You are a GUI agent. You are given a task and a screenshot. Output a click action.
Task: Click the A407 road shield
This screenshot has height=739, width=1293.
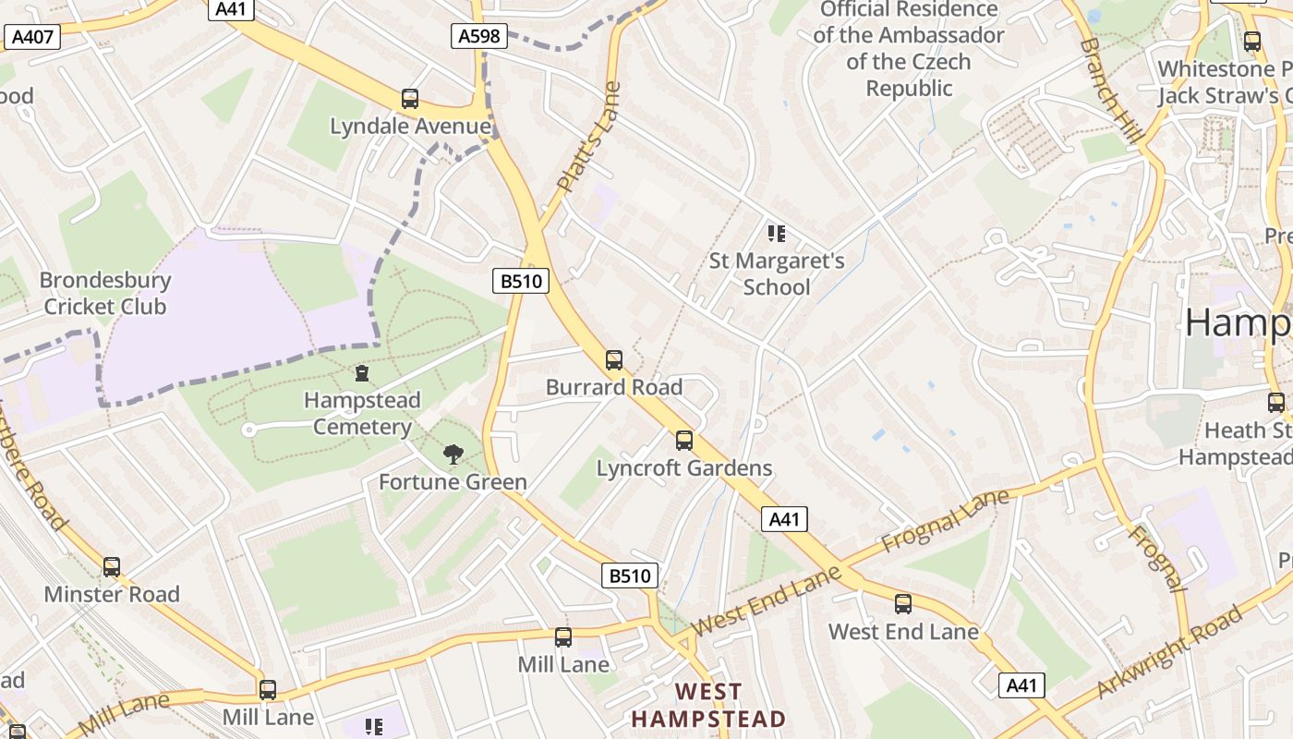click(33, 37)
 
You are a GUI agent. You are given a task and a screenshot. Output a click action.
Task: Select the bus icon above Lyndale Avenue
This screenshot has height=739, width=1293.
click(410, 99)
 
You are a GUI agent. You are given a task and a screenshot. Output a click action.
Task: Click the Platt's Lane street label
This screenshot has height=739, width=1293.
click(588, 139)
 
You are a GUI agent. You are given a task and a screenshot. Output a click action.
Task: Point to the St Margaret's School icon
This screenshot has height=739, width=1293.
click(777, 234)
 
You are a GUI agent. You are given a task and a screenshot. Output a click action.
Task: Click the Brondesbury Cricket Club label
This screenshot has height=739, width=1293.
click(105, 293)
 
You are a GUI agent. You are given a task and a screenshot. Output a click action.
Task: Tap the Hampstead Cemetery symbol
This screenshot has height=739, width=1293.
click(362, 373)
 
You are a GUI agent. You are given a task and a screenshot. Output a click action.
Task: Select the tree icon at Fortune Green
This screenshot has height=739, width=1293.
click(453, 454)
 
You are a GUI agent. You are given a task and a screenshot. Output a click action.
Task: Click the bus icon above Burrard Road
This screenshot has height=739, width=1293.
click(614, 360)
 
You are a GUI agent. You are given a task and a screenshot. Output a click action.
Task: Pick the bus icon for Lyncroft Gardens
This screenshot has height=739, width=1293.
click(684, 441)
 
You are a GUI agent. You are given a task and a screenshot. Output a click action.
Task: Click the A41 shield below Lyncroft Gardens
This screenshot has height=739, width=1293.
click(784, 519)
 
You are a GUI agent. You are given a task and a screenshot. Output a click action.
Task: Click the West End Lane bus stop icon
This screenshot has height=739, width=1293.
click(903, 604)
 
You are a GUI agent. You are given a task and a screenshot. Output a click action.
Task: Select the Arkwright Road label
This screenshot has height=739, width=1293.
click(1170, 652)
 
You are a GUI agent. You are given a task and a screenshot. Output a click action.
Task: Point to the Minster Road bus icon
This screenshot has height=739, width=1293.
click(112, 567)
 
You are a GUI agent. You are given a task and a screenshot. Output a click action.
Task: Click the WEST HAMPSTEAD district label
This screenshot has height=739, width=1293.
click(708, 705)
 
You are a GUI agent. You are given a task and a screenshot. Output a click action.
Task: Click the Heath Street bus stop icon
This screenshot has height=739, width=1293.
click(1275, 403)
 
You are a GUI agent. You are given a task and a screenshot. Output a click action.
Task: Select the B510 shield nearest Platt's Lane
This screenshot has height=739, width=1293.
click(522, 281)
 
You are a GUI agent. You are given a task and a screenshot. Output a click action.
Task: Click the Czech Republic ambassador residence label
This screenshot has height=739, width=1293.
click(909, 49)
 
